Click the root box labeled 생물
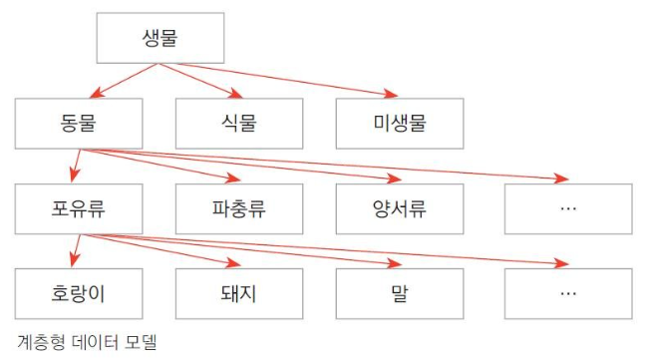click(161, 38)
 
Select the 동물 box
click(79, 124)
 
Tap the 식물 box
click(239, 124)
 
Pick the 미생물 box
click(400, 124)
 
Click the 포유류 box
click(79, 209)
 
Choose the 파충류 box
click(239, 209)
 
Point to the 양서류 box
click(400, 209)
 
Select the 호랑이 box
click(79, 294)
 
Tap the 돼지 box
click(239, 294)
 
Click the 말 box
click(400, 294)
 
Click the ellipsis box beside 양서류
click(568, 209)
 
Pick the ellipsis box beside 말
click(568, 294)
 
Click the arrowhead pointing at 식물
click(235, 93)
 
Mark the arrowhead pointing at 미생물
click(391, 94)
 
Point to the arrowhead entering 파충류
click(233, 179)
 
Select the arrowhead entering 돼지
click(233, 263)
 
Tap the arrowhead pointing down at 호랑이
click(75, 259)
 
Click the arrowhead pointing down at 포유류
click(75, 175)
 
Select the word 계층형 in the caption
click(41, 342)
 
